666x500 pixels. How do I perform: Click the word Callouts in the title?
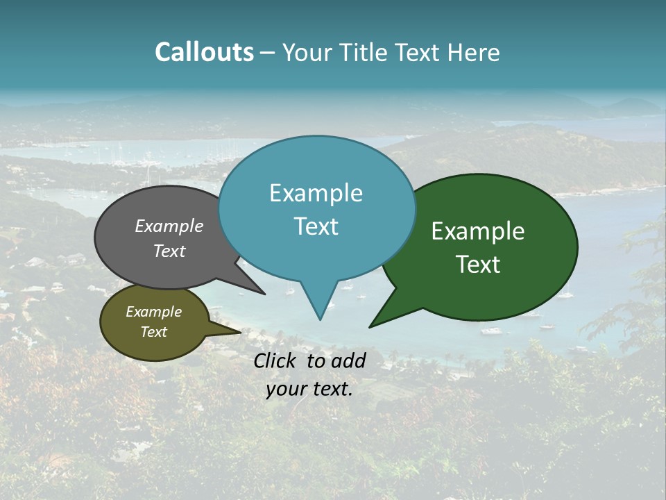tap(204, 52)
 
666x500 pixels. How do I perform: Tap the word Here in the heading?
tap(472, 52)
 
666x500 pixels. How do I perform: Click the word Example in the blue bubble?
tap(316, 193)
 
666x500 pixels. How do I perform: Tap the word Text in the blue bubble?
tap(316, 226)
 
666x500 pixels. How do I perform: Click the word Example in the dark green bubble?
tap(478, 231)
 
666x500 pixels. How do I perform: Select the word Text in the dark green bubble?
tap(478, 265)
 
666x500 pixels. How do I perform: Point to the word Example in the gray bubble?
tap(169, 226)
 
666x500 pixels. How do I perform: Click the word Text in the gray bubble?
tap(169, 251)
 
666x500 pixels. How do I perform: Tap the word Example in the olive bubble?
tap(153, 312)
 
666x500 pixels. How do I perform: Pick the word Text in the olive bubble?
tap(153, 332)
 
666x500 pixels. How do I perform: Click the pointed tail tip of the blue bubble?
tap(320, 319)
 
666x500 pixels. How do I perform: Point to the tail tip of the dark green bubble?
tap(370, 326)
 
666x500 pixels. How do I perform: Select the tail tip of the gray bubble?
tap(264, 294)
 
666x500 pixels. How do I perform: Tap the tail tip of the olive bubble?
tap(240, 333)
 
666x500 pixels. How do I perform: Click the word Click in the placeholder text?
tap(276, 360)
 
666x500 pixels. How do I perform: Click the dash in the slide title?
tap(268, 53)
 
